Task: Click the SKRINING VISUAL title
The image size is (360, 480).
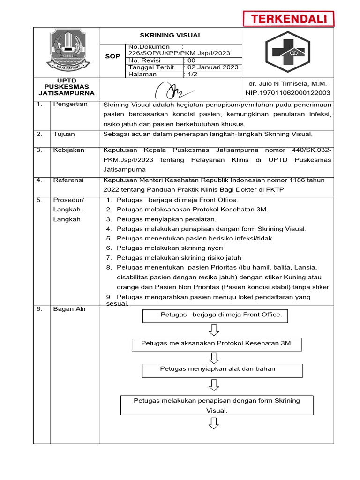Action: coord(171,35)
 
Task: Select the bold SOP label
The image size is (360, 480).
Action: coord(112,56)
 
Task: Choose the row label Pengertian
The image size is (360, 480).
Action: coord(70,104)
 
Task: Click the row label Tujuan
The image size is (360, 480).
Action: coord(64,134)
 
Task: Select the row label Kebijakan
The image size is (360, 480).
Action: coord(68,150)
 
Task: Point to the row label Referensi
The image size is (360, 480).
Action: coord(68,180)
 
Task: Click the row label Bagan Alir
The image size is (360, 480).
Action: coord(70,309)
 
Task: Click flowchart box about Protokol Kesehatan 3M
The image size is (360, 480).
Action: coord(217,344)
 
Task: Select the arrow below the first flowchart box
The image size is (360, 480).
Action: coord(214,330)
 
